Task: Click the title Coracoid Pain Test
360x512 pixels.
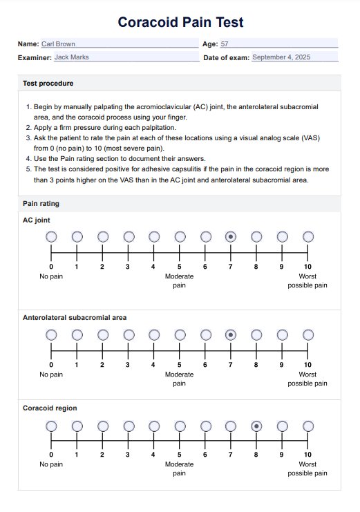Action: (x=180, y=22)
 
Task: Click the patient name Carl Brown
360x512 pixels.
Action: (x=58, y=44)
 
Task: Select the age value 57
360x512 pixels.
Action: (x=225, y=44)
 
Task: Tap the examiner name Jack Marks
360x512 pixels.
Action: (x=72, y=57)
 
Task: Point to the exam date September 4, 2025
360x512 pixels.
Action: (x=281, y=57)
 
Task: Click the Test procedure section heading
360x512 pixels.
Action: (x=48, y=84)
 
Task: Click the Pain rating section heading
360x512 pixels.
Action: (x=41, y=203)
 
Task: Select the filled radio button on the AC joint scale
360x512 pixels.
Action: (x=231, y=237)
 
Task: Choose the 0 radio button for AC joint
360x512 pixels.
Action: (x=51, y=237)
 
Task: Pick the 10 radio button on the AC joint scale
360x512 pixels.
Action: (x=307, y=237)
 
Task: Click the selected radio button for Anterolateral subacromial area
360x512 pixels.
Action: (x=231, y=335)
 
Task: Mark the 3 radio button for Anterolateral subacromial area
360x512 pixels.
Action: (x=129, y=335)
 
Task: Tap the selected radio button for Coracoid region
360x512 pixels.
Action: (x=256, y=426)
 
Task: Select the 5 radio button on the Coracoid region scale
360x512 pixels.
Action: (x=180, y=426)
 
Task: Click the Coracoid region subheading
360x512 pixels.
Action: (x=50, y=408)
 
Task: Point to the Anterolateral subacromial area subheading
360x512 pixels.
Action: (x=75, y=317)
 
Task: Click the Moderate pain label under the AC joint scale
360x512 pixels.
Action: (x=180, y=281)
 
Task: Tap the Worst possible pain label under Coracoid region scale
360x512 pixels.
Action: (x=307, y=468)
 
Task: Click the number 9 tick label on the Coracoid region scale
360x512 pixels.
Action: (x=282, y=455)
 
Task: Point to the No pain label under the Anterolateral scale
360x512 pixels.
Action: (x=51, y=374)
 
